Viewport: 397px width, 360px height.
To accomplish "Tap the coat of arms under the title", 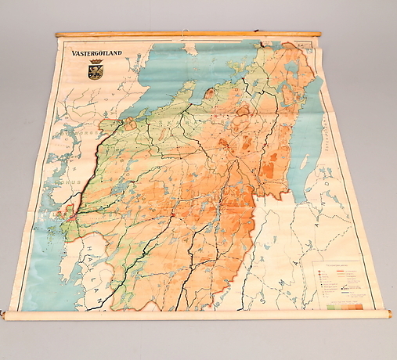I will coord(96,71).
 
